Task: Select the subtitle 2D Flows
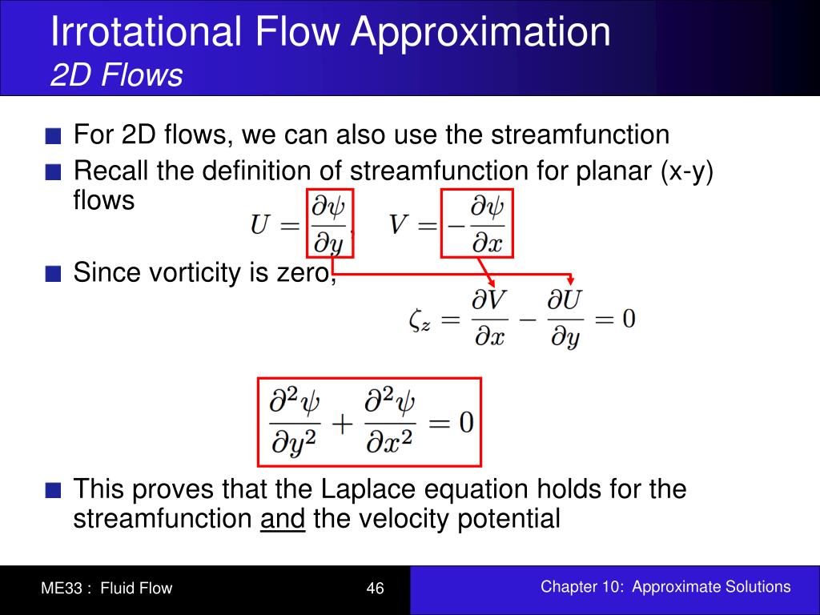[117, 76]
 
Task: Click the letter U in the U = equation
[261, 225]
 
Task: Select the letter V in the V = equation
[400, 225]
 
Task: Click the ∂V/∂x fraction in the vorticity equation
[489, 319]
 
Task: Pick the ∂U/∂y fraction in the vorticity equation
[565, 319]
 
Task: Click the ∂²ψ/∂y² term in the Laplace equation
[294, 421]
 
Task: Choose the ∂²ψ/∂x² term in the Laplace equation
[390, 421]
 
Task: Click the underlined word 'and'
[283, 519]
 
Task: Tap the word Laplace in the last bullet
[370, 488]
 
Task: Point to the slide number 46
[375, 589]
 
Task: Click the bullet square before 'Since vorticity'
[54, 275]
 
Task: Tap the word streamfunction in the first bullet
[581, 135]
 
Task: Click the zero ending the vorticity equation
[629, 319]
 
